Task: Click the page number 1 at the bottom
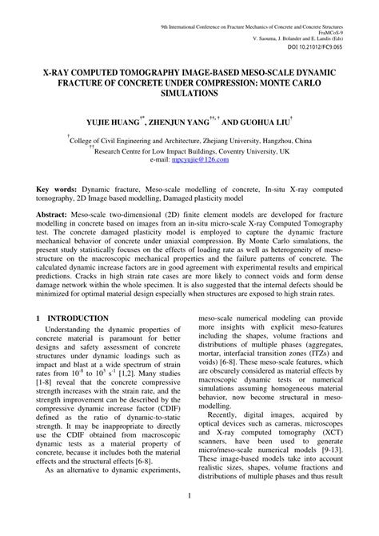pos(189,518)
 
